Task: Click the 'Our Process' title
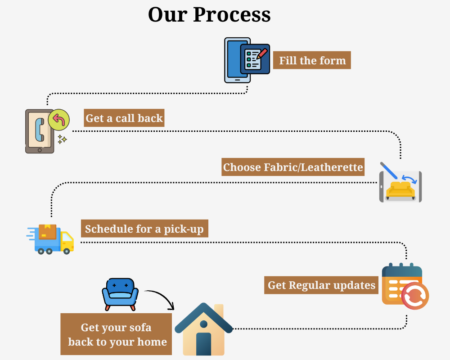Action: [209, 14]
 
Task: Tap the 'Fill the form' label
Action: [312, 60]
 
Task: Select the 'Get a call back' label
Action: [124, 118]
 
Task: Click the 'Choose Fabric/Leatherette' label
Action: [293, 167]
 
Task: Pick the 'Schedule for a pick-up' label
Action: [144, 229]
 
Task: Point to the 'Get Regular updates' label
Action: [321, 285]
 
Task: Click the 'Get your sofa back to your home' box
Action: [117, 334]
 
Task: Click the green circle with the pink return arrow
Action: [59, 120]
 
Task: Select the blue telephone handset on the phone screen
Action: [39, 130]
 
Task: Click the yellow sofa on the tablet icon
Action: [400, 189]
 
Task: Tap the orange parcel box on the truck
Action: [48, 231]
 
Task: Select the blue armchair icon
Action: [120, 293]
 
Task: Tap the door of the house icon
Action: [203, 344]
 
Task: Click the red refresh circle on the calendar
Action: [414, 296]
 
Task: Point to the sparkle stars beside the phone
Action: [62, 139]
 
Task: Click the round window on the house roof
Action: [203, 324]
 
